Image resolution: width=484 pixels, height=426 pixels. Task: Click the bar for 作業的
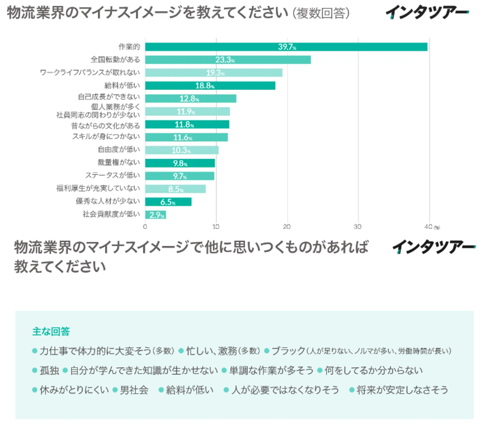click(286, 47)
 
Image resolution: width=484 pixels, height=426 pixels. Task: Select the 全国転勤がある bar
click(228, 60)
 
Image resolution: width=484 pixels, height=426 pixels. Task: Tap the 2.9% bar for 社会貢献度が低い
click(155, 215)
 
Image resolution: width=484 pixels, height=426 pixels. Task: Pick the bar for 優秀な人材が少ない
click(168, 202)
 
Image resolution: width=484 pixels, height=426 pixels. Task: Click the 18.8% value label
click(204, 86)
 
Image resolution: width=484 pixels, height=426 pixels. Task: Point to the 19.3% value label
click(215, 73)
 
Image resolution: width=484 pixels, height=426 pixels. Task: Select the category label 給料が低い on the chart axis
click(122, 85)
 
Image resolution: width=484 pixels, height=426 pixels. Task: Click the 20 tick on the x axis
click(287, 226)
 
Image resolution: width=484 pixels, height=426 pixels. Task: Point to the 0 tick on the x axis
click(145, 226)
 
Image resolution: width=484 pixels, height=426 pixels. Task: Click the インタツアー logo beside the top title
click(427, 13)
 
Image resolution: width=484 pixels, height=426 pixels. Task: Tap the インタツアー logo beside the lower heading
click(433, 247)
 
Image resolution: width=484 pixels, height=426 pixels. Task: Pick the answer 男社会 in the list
click(133, 390)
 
